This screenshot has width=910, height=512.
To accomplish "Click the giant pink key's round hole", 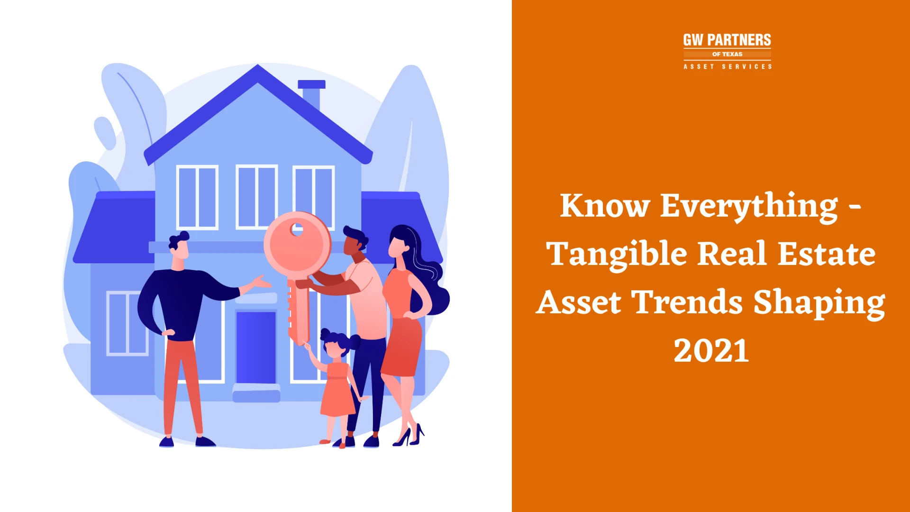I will click(x=297, y=229).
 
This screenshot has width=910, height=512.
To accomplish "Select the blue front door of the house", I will click(x=256, y=347).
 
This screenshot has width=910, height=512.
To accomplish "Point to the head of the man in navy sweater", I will click(x=179, y=247).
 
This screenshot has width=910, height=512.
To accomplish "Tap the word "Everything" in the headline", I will click(x=749, y=206).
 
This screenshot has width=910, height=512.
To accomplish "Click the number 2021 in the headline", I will click(x=711, y=351).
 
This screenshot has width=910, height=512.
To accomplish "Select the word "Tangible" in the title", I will click(x=616, y=255).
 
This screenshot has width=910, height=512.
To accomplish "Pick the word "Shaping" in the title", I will click(x=819, y=303).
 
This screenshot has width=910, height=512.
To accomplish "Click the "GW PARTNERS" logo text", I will click(x=727, y=40).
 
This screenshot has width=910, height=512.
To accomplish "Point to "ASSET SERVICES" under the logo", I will click(x=727, y=67).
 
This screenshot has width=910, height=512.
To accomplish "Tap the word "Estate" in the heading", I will click(x=827, y=254).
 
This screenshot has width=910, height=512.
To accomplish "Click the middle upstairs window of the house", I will click(x=256, y=197).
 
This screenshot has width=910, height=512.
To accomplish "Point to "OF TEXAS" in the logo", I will click(x=727, y=54).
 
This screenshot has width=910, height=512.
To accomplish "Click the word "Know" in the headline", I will click(x=604, y=206).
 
